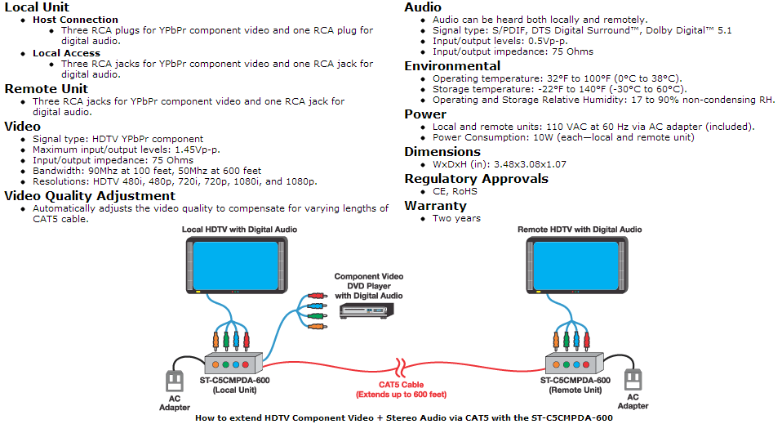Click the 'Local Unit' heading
(x=38, y=7)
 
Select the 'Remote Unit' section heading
(x=47, y=88)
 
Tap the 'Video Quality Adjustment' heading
(x=90, y=196)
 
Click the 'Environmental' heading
(x=452, y=66)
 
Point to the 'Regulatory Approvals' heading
(x=476, y=179)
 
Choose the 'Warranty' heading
(x=435, y=206)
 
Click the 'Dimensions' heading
(x=442, y=152)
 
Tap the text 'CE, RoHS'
(x=455, y=191)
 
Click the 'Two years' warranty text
(x=456, y=218)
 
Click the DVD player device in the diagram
(x=367, y=310)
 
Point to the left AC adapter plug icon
(x=173, y=381)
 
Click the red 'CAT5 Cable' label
(x=401, y=385)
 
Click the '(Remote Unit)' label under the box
(x=575, y=391)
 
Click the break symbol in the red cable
(x=400, y=364)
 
